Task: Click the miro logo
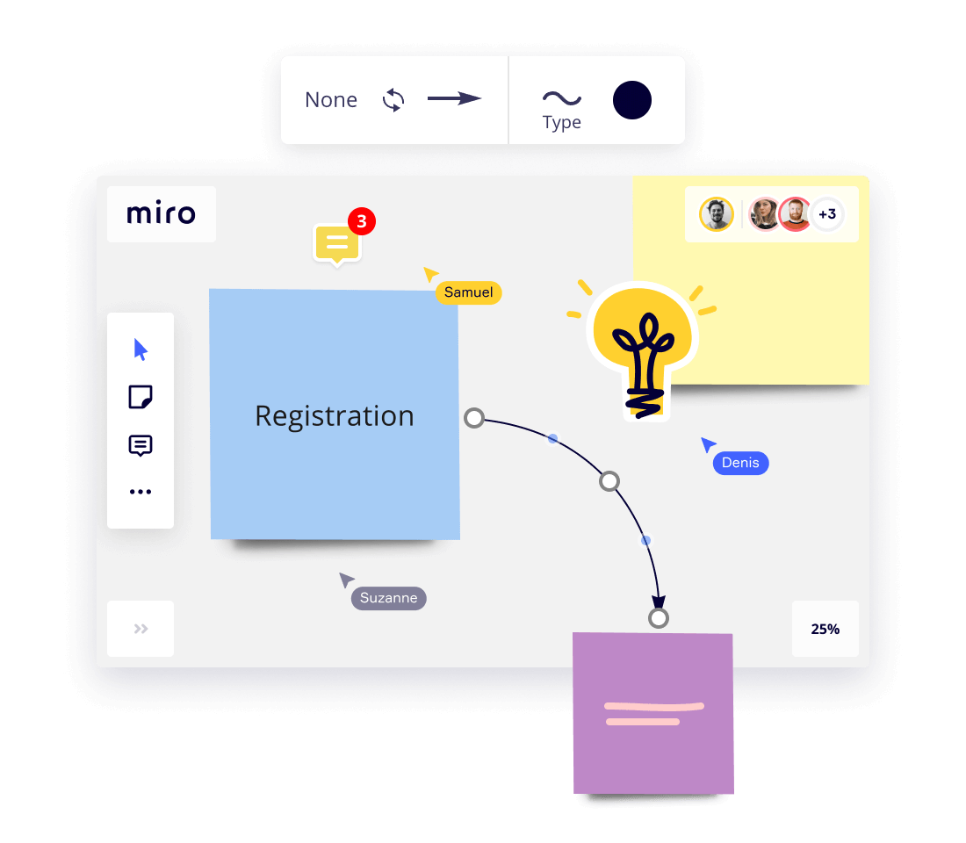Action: point(161,213)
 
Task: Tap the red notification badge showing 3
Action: point(361,221)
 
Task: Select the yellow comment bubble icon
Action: point(336,244)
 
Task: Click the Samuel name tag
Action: point(468,292)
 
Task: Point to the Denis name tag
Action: point(740,463)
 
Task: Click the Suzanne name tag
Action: point(388,598)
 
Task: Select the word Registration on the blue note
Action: point(334,415)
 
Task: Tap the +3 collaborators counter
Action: point(826,213)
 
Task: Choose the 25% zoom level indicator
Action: point(825,629)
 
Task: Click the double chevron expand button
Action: point(141,629)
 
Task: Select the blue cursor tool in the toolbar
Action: point(141,349)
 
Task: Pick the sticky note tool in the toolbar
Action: point(141,397)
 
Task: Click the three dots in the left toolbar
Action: point(141,492)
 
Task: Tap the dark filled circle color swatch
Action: point(632,100)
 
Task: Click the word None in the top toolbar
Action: point(331,100)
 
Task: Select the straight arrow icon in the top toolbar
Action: point(454,99)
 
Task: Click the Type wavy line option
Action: point(561,107)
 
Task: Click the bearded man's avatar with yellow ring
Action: point(717,214)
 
